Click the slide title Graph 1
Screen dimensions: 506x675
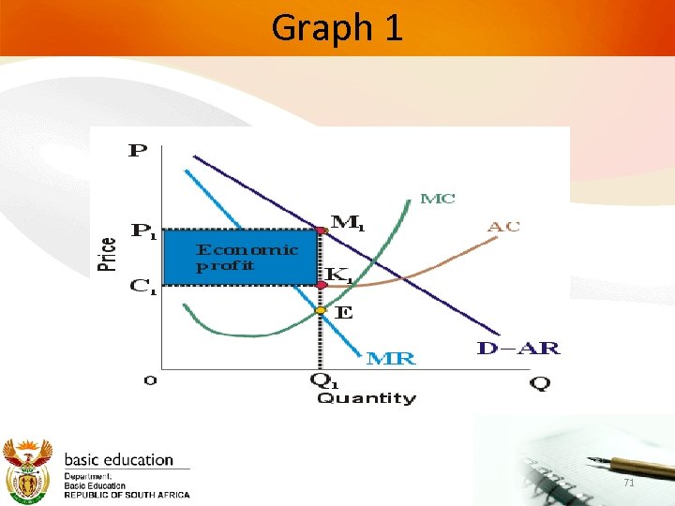tap(337, 28)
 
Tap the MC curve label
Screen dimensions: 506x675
tap(438, 199)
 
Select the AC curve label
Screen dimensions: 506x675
tap(503, 226)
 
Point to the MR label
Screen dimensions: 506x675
tap(390, 358)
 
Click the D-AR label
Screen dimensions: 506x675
tap(517, 350)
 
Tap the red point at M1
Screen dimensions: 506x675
tap(322, 229)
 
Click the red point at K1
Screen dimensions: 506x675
tap(321, 284)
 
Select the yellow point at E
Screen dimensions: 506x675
tap(321, 310)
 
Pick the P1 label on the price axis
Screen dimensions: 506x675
tap(143, 230)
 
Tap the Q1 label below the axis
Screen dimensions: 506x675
tap(323, 381)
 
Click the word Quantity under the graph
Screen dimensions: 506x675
tap(366, 398)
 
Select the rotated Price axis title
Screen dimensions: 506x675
tap(108, 253)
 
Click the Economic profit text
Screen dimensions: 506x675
tap(247, 257)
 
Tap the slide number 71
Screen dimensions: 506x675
tap(629, 482)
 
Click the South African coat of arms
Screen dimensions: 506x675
tap(28, 469)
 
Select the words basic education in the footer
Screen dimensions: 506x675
tap(118, 460)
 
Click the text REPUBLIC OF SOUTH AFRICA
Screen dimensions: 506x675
tap(127, 495)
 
